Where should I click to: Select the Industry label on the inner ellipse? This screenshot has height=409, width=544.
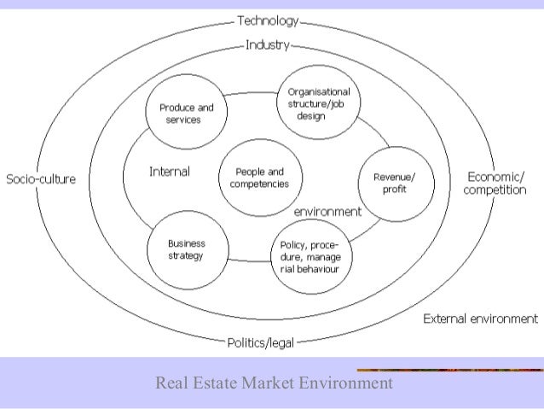[x=268, y=44]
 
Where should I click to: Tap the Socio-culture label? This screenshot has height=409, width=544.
[x=41, y=179]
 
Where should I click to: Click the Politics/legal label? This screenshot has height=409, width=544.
[x=261, y=343]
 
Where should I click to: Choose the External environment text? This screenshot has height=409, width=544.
[x=481, y=318]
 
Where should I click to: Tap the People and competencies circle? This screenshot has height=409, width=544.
[x=259, y=178]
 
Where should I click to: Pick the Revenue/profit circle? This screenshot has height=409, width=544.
[x=395, y=183]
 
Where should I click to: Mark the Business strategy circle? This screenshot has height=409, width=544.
[x=187, y=249]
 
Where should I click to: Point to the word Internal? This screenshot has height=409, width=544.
[x=169, y=172]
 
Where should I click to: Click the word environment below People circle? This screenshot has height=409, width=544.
[x=327, y=211]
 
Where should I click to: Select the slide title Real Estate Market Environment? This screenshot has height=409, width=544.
[x=274, y=383]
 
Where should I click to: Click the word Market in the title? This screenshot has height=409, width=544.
[x=267, y=383]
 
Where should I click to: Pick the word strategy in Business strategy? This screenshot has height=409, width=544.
[x=187, y=256]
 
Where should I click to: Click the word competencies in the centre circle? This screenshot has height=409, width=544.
[x=259, y=184]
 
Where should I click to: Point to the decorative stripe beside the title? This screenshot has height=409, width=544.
[x=449, y=370]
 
